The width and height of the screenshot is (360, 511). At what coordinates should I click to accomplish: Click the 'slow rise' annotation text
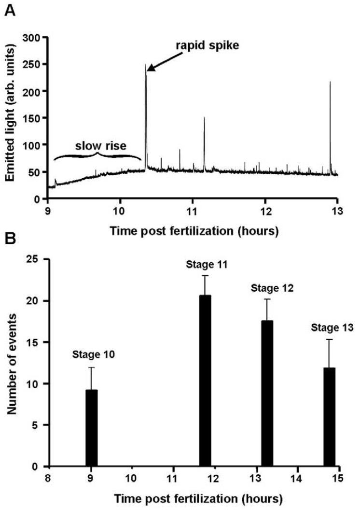98,146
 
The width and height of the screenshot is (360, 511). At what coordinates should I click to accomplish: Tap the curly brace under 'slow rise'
98,156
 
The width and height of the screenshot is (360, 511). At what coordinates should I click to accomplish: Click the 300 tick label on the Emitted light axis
34,37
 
